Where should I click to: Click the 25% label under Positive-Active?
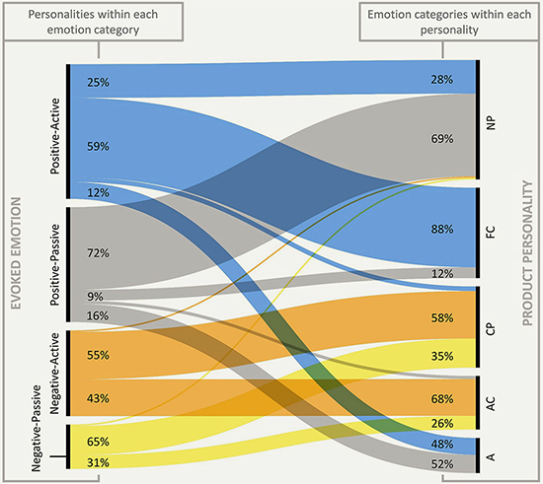pyautogui.click(x=98, y=82)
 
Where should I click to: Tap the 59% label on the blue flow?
pyautogui.click(x=98, y=146)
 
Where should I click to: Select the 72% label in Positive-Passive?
pyautogui.click(x=98, y=253)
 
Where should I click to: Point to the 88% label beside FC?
pyautogui.click(x=442, y=229)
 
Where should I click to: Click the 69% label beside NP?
pyautogui.click(x=442, y=139)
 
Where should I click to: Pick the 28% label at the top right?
pyautogui.click(x=442, y=80)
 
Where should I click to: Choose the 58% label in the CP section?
pyautogui.click(x=442, y=317)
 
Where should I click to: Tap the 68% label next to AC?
pyautogui.click(x=442, y=399)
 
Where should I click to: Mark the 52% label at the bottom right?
pyautogui.click(x=442, y=464)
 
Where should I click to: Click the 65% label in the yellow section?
pyautogui.click(x=98, y=442)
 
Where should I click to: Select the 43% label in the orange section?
pyautogui.click(x=98, y=398)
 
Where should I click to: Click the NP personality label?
pyautogui.click(x=491, y=123)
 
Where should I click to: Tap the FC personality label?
pyautogui.click(x=491, y=232)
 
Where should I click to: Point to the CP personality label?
pyautogui.click(x=491, y=329)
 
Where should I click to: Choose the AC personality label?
pyautogui.click(x=491, y=403)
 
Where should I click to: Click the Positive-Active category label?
pyautogui.click(x=55, y=136)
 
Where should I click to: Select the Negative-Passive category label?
pyautogui.click(x=37, y=429)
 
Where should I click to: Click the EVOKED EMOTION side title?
pyautogui.click(x=16, y=253)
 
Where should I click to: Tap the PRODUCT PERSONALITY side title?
pyautogui.click(x=527, y=253)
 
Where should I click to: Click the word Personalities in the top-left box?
pyautogui.click(x=61, y=15)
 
